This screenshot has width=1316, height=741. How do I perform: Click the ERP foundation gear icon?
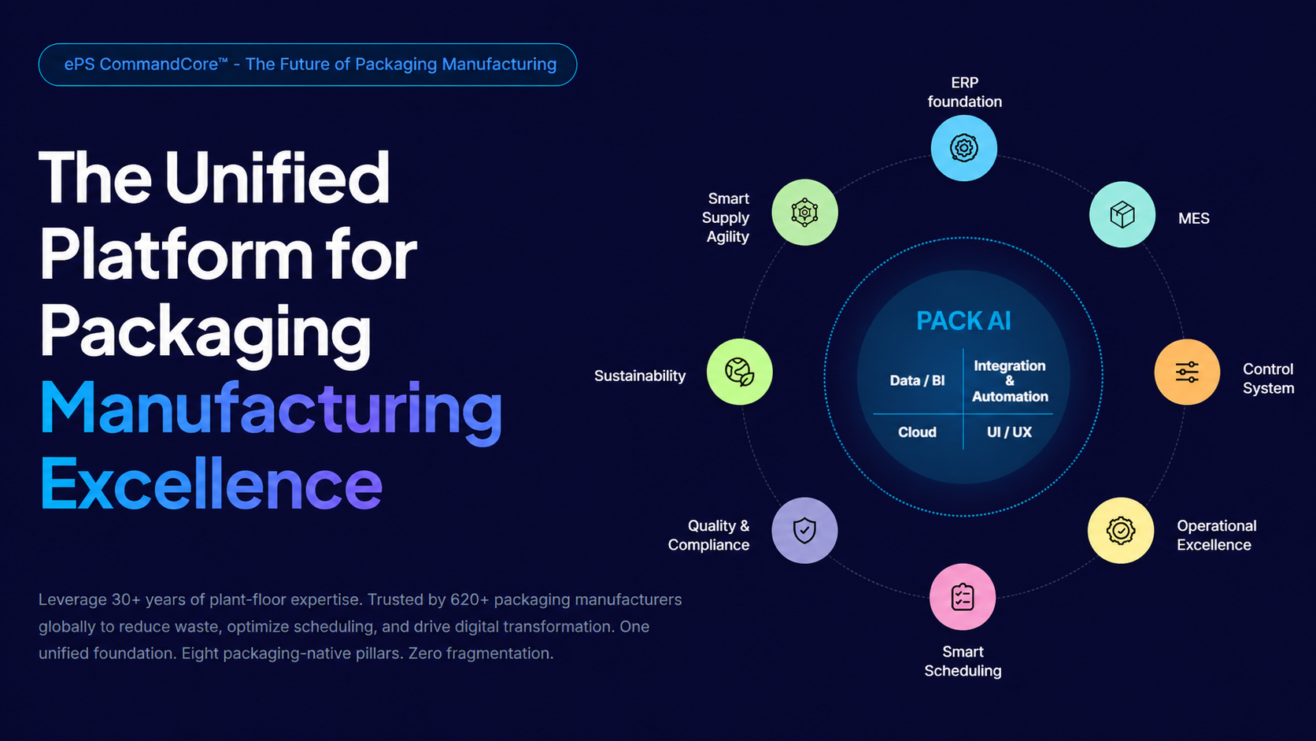point(963,148)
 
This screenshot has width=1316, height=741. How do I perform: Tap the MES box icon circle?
point(1122,214)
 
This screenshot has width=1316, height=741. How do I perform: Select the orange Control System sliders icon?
point(1187,372)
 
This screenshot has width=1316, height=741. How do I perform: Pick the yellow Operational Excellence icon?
point(1120,531)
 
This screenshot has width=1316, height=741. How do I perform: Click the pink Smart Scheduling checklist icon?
point(963,597)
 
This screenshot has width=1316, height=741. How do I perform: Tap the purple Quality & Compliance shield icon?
point(804,531)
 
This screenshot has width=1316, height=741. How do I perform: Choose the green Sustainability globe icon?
point(739,372)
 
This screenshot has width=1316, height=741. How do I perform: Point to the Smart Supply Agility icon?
point(804,213)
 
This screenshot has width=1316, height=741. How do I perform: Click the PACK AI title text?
point(963,321)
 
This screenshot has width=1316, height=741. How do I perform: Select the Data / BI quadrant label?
point(917,381)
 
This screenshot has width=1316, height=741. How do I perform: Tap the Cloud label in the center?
point(917,432)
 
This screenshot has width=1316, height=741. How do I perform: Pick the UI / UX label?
point(1009,432)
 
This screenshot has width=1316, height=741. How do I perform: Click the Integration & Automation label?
point(1010,381)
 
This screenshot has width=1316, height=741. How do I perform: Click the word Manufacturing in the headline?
point(271,408)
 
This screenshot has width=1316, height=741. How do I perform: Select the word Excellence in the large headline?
point(211,484)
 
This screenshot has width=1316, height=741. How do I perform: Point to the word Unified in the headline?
point(277,178)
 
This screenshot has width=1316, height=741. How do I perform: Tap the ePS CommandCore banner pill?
point(308,65)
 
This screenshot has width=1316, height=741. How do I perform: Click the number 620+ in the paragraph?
point(469,600)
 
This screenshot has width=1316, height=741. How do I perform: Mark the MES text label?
point(1193,219)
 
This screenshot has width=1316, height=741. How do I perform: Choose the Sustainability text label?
point(639,376)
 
